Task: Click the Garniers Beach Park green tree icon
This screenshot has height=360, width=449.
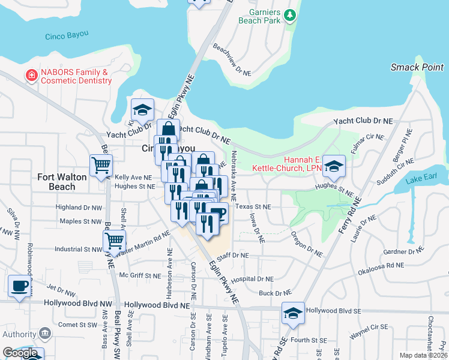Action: pyautogui.click(x=291, y=14)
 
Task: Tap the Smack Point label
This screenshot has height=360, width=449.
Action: pyautogui.click(x=417, y=67)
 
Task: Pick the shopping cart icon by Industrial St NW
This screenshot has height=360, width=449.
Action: pyautogui.click(x=113, y=241)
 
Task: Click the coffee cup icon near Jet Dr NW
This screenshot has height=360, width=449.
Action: pyautogui.click(x=19, y=286)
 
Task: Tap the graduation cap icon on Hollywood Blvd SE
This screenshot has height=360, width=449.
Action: pyautogui.click(x=292, y=313)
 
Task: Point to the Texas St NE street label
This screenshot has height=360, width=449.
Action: pyautogui.click(x=253, y=207)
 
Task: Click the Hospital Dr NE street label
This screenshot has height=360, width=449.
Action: pyautogui.click(x=253, y=279)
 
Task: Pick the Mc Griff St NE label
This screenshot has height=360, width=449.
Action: pyautogui.click(x=140, y=276)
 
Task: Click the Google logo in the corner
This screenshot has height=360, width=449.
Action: pyautogui.click(x=20, y=352)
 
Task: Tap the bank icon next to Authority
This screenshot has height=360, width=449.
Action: pyautogui.click(x=44, y=334)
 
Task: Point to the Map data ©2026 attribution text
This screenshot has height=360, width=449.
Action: pyautogui.click(x=423, y=355)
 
